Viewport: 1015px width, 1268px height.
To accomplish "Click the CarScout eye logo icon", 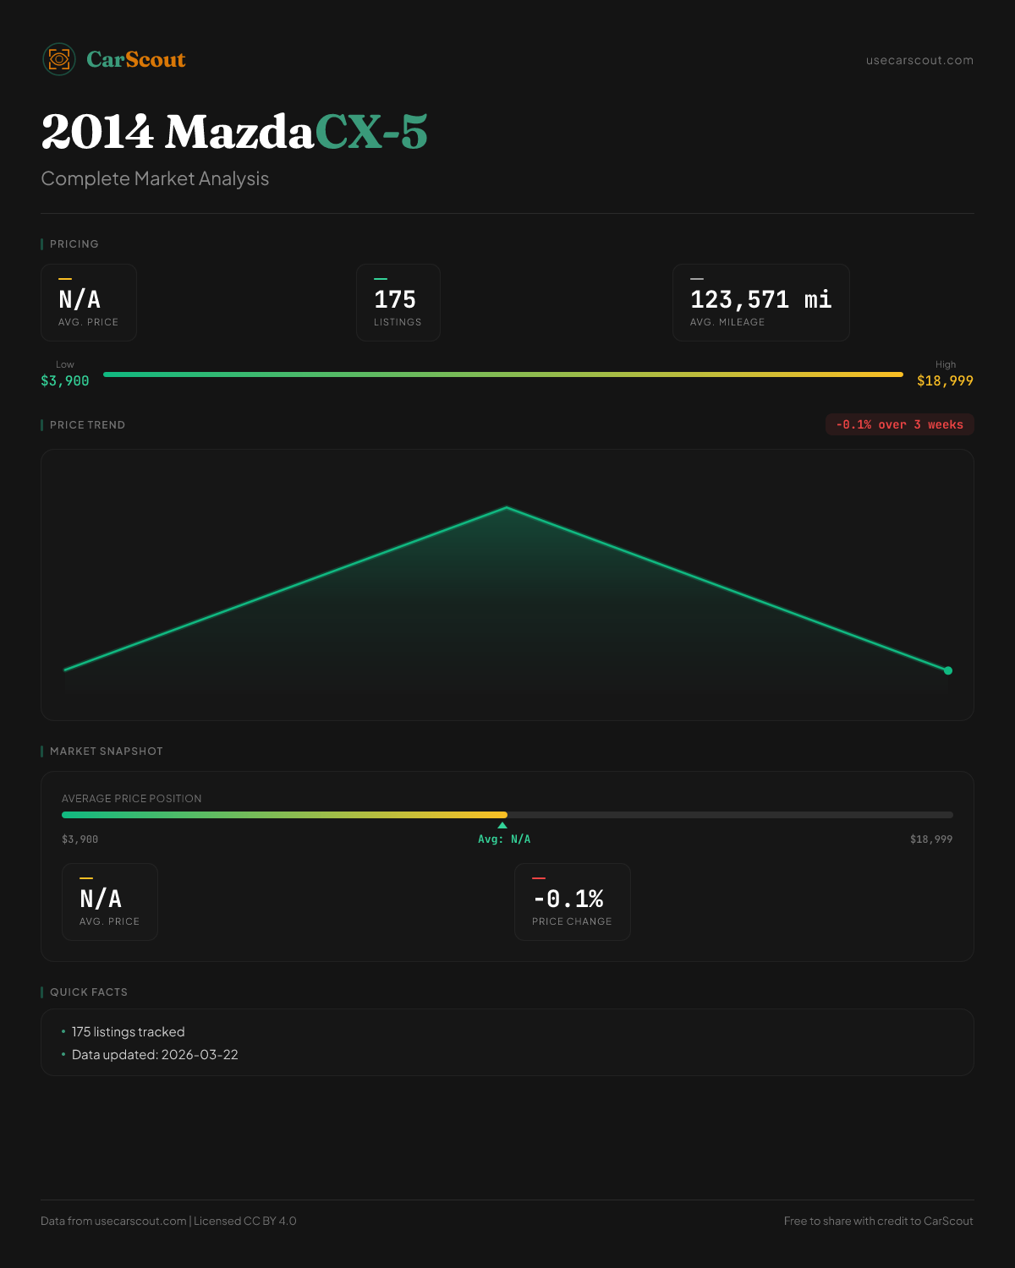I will pos(59,59).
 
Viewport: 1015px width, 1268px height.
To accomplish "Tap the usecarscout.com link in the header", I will pos(919,60).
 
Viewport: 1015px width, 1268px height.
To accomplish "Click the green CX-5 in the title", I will pos(371,133).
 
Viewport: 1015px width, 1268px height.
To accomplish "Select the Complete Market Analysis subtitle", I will pos(155,178).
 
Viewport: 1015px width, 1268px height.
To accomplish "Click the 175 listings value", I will pos(395,300).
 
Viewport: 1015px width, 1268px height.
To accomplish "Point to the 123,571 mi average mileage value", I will pos(760,300).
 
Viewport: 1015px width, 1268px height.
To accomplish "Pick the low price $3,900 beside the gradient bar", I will pos(65,380).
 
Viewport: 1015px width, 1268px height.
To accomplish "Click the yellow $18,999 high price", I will pos(945,380).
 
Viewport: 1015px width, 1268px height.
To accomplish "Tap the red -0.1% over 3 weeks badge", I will pos(899,424).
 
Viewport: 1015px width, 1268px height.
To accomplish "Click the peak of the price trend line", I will pos(507,507).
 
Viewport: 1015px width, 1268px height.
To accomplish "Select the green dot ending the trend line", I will pos(948,670).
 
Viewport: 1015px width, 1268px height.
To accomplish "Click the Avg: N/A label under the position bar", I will pos(504,839).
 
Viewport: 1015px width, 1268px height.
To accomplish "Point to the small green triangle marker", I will pos(502,825).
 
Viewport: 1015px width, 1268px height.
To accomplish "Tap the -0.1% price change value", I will pos(568,899).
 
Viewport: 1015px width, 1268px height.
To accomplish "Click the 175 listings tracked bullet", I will pos(128,1031).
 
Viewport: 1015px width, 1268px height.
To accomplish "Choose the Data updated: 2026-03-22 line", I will pos(155,1054).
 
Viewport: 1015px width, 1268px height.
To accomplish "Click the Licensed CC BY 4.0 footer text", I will pos(245,1221).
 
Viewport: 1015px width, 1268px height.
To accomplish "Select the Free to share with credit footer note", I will pos(878,1221).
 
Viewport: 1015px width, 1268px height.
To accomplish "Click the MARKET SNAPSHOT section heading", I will pos(106,751).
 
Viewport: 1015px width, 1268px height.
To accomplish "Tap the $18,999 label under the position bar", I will pos(931,839).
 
